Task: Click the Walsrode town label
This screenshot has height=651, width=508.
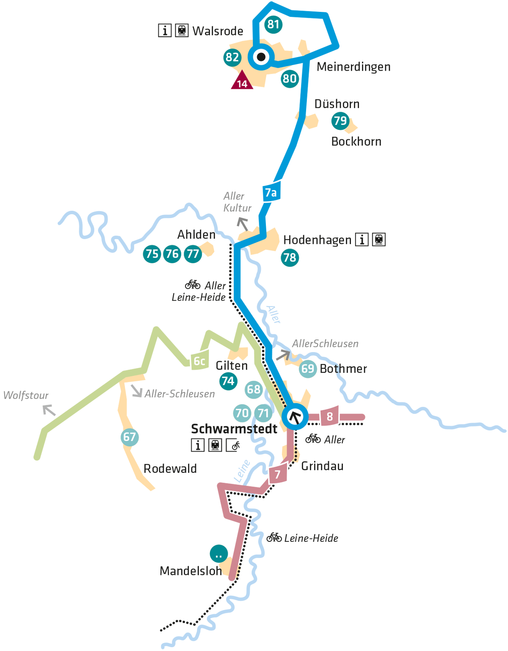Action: click(218, 31)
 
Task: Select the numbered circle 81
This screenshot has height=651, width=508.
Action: click(273, 25)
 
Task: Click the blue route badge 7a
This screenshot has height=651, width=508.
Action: click(271, 193)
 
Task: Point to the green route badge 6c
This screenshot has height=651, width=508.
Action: click(199, 361)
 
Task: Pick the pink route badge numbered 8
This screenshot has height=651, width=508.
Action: click(330, 417)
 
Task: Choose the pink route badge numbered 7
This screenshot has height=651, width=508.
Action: click(278, 474)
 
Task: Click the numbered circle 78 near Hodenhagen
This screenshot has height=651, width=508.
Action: click(290, 257)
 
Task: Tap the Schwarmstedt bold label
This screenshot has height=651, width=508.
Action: click(234, 429)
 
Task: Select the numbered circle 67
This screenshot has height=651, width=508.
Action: click(130, 437)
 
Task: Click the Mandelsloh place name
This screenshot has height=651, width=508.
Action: click(190, 571)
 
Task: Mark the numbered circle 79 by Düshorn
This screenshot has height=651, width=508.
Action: click(340, 121)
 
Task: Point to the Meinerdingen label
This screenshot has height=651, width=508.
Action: click(353, 67)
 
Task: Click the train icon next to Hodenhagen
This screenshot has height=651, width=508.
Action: click(379, 240)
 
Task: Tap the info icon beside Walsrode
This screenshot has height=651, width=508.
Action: click(165, 30)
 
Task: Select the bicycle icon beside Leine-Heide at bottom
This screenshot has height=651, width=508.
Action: click(274, 538)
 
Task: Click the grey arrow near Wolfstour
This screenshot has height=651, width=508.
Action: click(49, 410)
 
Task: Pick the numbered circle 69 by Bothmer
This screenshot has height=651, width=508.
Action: click(308, 369)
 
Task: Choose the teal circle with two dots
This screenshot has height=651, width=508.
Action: click(219, 554)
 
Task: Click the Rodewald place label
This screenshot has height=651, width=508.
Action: click(170, 469)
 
